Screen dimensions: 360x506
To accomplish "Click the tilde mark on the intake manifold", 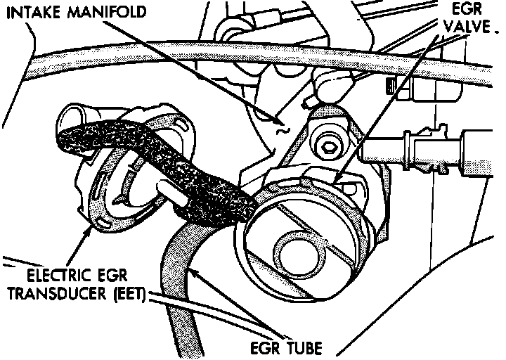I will (x=282, y=129).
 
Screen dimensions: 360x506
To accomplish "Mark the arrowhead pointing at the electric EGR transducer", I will (x=89, y=231).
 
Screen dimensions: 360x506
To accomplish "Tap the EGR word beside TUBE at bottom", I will (x=263, y=347).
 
